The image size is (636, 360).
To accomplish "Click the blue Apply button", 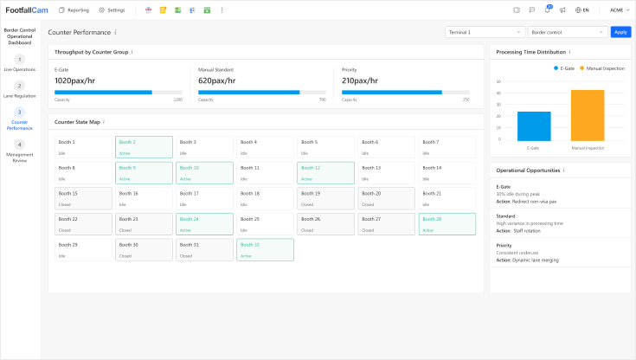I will [620, 32].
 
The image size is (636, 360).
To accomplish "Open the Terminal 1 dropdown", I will [483, 32].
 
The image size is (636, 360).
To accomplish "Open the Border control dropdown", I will [566, 32].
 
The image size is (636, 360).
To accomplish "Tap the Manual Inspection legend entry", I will [599, 67].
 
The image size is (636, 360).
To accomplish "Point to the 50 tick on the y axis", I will [498, 80].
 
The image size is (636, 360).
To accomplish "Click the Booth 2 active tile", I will [144, 146].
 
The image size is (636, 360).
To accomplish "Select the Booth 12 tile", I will [325, 172].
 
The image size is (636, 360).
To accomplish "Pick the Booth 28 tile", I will [446, 224].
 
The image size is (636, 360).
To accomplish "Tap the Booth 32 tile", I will [265, 249].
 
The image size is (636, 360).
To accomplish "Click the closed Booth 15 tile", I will [83, 198].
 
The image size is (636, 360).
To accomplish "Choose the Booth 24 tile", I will [204, 224].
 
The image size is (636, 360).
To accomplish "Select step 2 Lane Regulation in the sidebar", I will [19, 90].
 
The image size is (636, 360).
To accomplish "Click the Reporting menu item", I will [74, 10].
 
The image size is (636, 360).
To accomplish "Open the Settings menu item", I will [112, 10].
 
